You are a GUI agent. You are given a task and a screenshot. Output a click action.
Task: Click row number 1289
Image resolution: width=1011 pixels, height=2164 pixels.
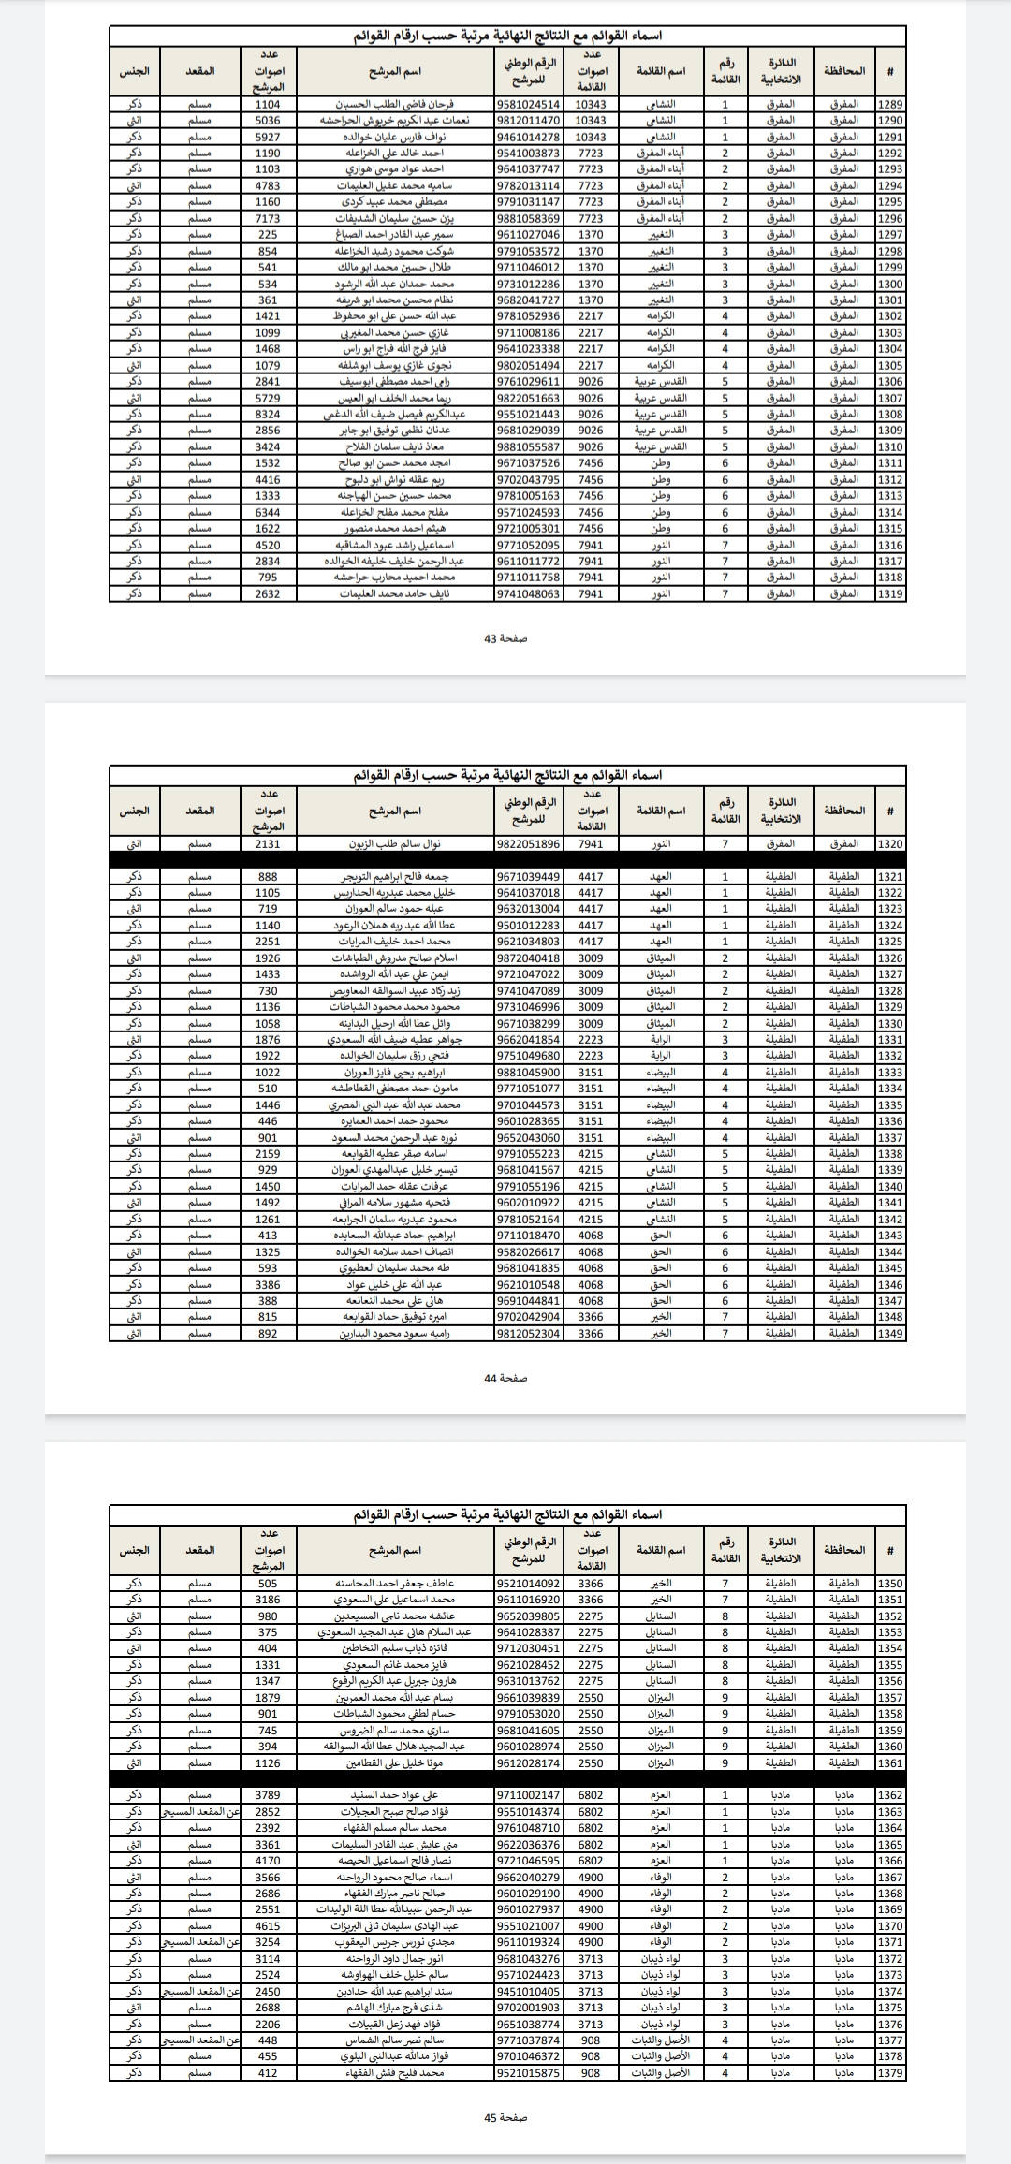click(x=890, y=105)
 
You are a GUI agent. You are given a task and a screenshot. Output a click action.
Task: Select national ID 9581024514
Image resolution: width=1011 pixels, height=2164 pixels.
click(x=529, y=105)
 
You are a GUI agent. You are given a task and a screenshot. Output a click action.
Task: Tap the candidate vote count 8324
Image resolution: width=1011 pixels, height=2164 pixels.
click(x=268, y=415)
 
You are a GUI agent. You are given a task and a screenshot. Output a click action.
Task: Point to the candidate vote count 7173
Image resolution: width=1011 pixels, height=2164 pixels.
click(x=268, y=218)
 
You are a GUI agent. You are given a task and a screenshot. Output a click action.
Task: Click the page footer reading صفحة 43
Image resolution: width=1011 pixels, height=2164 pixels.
click(x=505, y=637)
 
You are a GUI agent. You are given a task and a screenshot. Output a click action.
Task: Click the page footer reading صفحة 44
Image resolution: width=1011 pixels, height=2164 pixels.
click(x=505, y=1378)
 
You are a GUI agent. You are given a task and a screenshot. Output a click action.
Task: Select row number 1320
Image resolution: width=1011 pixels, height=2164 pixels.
click(x=890, y=844)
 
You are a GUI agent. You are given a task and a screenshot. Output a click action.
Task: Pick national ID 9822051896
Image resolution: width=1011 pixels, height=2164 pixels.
click(x=529, y=844)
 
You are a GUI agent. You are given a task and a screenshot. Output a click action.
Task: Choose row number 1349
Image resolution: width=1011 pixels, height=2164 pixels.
click(x=890, y=1334)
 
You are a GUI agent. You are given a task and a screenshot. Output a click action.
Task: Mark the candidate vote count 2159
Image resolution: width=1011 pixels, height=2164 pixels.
click(x=268, y=1154)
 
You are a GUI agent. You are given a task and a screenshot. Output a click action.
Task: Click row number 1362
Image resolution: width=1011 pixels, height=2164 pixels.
click(x=890, y=1795)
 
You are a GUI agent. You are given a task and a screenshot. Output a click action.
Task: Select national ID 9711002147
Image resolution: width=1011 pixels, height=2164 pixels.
click(x=529, y=1795)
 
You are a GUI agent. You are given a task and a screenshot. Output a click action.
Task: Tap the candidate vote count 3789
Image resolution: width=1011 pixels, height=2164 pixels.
click(x=268, y=1795)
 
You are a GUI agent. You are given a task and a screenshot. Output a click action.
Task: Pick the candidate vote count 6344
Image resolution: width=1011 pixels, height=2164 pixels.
click(x=268, y=513)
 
